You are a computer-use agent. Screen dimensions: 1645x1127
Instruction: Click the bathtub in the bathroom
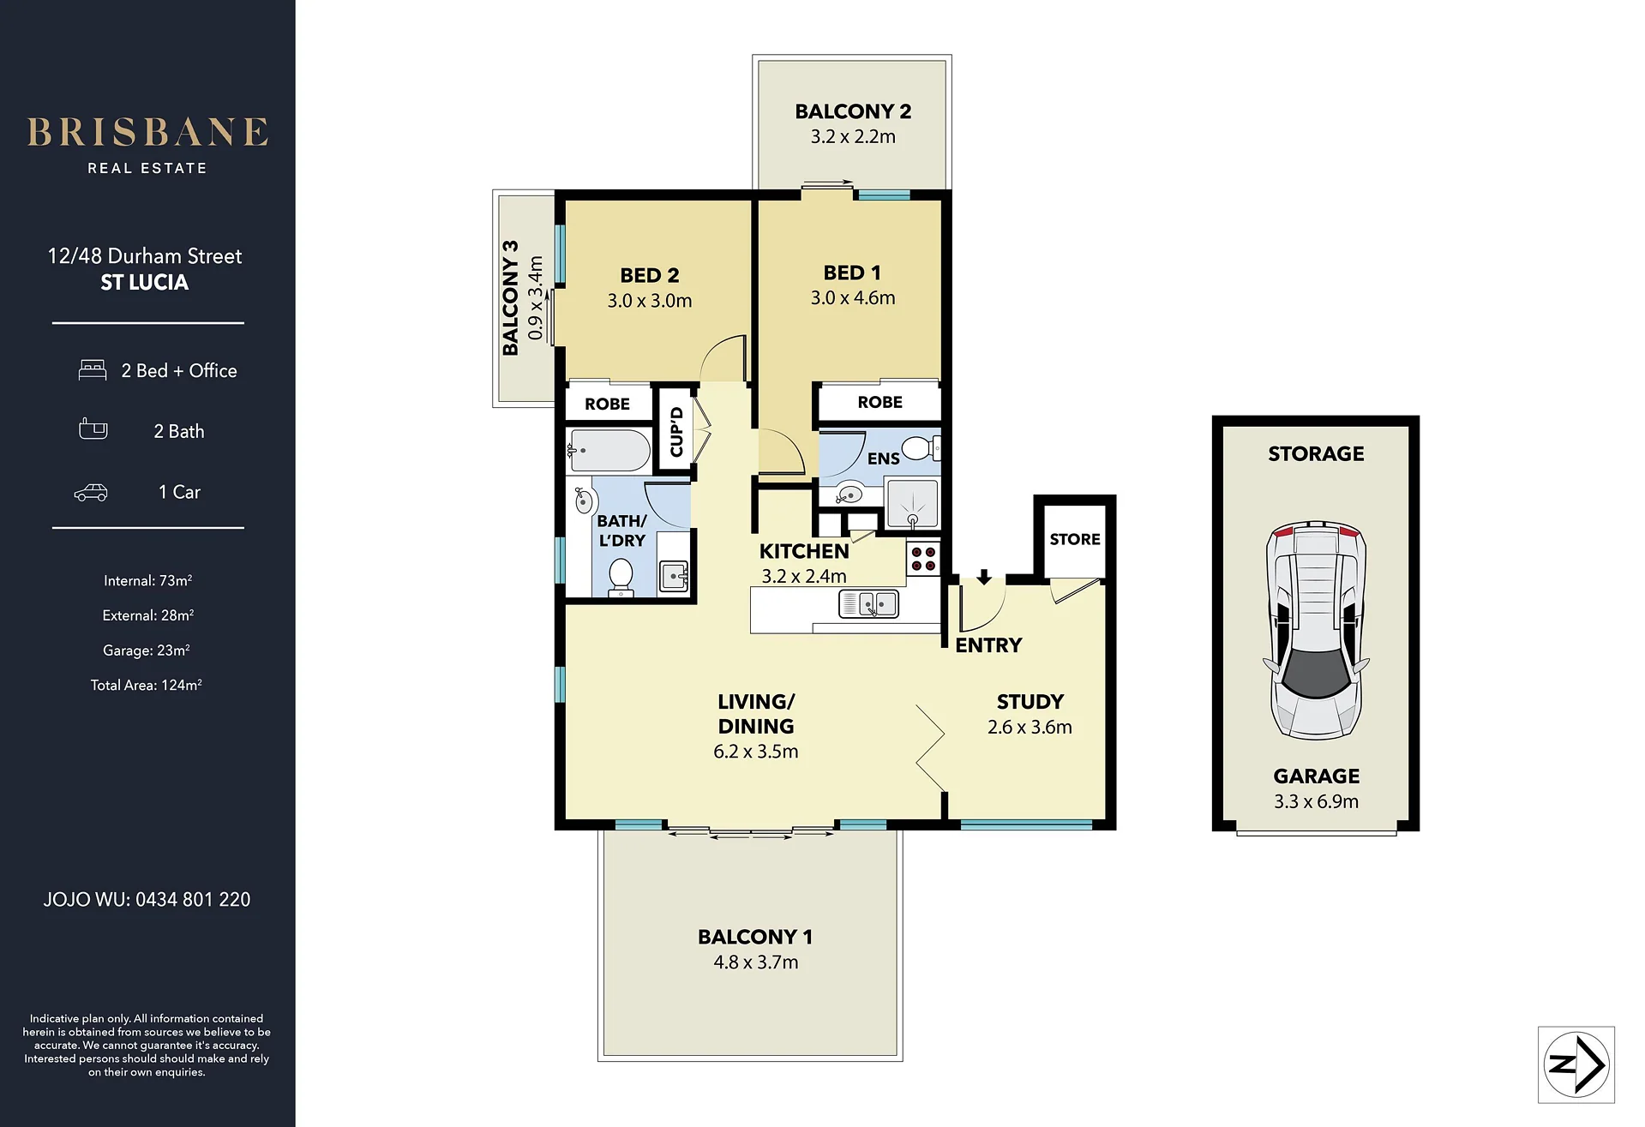tap(609, 450)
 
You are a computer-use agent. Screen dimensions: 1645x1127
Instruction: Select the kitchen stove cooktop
tap(923, 558)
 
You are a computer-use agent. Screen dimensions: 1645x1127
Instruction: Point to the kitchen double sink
tap(868, 603)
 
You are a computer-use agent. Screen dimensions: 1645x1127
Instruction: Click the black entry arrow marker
tap(984, 577)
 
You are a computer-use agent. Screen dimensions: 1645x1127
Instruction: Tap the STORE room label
tap(1075, 539)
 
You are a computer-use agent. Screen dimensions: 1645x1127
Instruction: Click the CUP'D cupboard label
tap(676, 432)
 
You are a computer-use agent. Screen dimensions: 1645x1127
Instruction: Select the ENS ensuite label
tap(883, 459)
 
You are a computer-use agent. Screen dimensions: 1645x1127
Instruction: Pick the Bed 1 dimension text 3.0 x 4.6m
tap(853, 298)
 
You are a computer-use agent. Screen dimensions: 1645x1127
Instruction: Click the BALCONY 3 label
tap(511, 297)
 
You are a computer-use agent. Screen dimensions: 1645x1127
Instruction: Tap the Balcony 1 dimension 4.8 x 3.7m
tap(755, 962)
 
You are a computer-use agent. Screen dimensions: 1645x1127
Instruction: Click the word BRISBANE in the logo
tap(147, 133)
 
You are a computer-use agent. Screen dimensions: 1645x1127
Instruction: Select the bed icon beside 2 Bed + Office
tap(93, 370)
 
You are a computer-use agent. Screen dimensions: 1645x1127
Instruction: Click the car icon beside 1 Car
tap(91, 492)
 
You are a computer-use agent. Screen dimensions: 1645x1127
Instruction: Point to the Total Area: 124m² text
tap(147, 685)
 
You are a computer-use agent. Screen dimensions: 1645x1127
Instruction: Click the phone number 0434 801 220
tap(193, 900)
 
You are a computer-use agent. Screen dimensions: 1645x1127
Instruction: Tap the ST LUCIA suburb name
tap(145, 283)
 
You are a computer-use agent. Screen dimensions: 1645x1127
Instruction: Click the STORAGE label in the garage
tap(1316, 453)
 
